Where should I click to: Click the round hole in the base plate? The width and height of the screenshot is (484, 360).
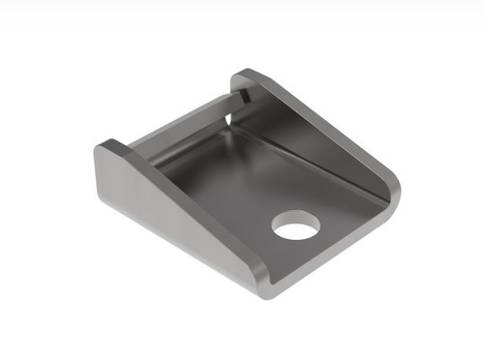295,226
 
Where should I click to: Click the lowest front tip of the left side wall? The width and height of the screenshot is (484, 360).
263,290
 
